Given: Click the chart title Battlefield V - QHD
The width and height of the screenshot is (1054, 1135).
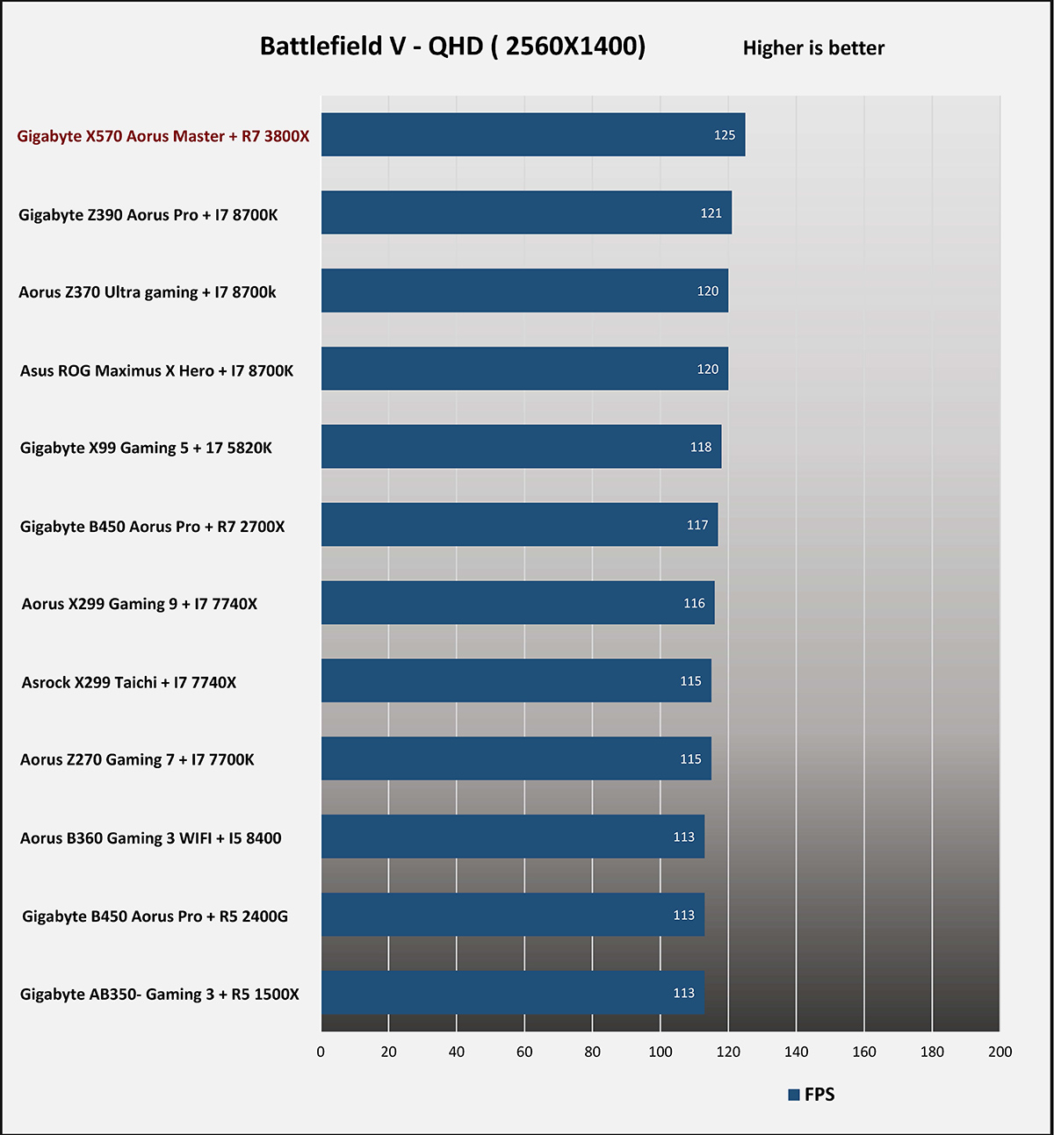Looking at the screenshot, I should click(452, 47).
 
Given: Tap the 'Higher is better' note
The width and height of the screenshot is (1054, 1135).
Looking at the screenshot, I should click(813, 48).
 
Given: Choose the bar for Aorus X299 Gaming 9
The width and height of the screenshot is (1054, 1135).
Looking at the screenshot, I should click(517, 603).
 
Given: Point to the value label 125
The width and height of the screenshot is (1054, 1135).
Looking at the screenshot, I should click(725, 135).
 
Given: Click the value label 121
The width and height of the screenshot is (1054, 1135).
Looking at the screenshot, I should click(711, 213).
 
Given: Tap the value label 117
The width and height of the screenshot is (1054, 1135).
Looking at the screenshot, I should click(697, 525).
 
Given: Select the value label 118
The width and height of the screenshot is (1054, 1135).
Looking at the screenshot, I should click(701, 448).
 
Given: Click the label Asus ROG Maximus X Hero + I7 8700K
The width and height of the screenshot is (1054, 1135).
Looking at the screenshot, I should click(157, 370).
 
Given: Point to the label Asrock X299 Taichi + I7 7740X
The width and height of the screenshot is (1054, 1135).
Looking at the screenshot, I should click(129, 682).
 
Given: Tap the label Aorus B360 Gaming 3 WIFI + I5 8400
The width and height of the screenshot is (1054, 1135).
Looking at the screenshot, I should click(151, 838).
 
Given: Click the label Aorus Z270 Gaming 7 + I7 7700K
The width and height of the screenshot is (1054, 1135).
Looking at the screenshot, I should click(137, 760).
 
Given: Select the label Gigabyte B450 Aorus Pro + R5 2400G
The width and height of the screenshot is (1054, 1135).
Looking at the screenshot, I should click(155, 916).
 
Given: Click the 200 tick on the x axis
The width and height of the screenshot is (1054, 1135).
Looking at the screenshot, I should click(1000, 1052).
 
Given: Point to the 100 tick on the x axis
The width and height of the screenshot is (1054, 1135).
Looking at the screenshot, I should click(661, 1052).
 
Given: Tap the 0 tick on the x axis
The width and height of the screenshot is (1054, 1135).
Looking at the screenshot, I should click(321, 1052).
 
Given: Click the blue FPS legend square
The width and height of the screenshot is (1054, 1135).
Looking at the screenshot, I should click(794, 1095).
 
